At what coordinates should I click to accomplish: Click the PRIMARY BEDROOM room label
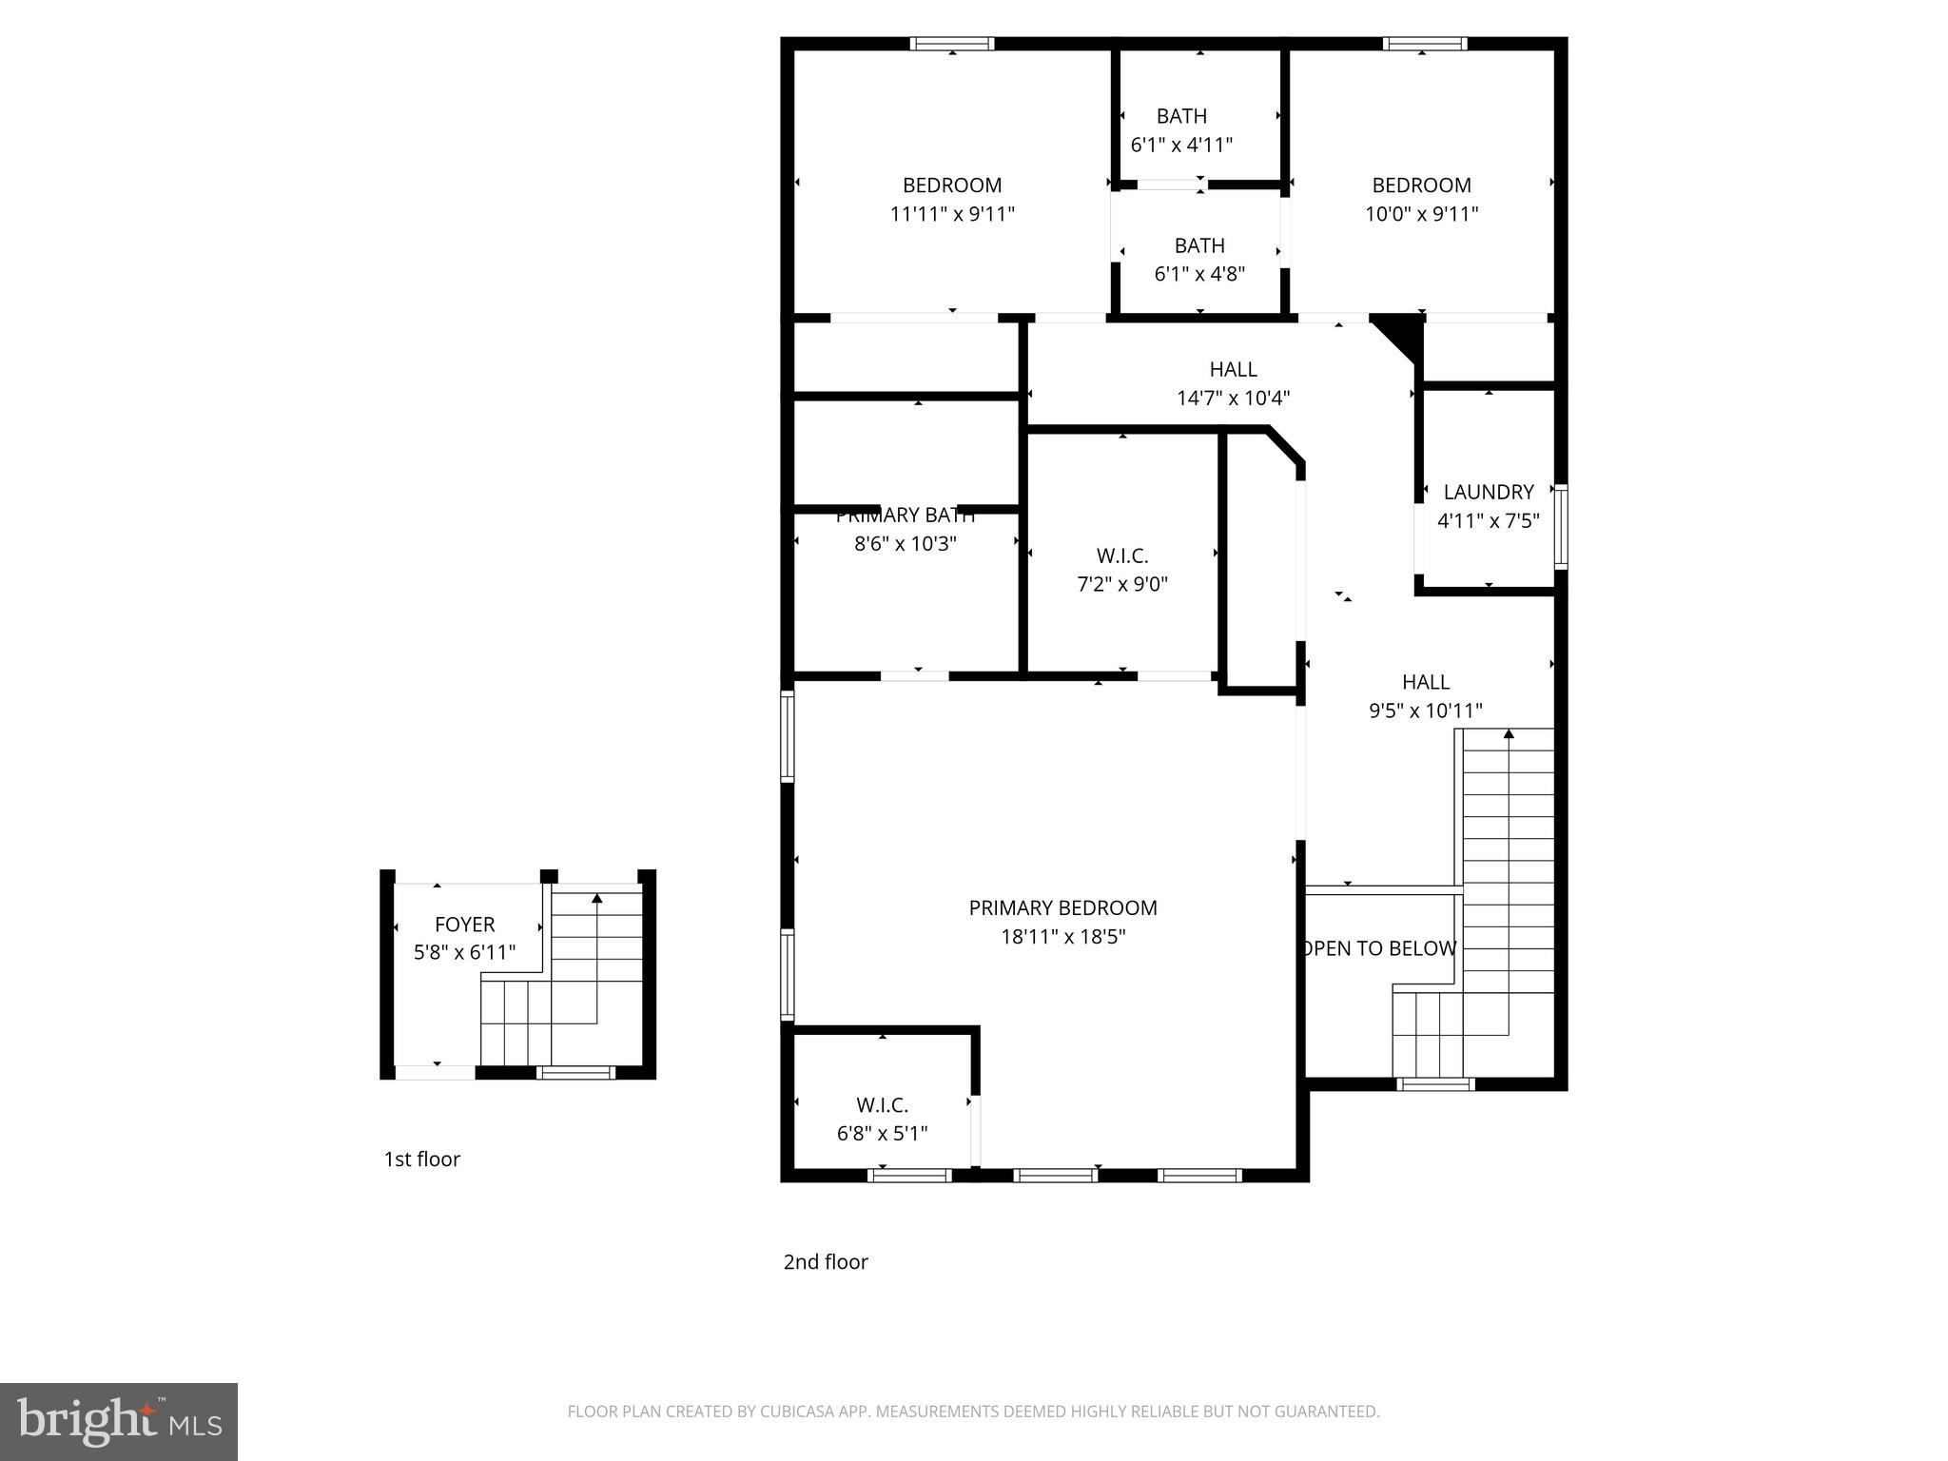coord(1062,907)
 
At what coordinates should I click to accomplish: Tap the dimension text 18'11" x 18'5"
coord(1062,937)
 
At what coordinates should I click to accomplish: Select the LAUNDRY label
coord(1488,492)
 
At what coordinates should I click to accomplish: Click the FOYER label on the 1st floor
coord(464,924)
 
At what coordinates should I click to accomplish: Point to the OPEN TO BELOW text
coord(1379,948)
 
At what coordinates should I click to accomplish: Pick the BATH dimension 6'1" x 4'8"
coord(1198,274)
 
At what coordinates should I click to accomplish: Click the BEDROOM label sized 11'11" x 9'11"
coord(951,185)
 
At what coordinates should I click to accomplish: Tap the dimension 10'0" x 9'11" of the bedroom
coord(1421,214)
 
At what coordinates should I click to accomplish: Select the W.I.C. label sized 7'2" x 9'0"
coord(1122,555)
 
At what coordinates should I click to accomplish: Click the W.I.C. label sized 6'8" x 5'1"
coord(882,1104)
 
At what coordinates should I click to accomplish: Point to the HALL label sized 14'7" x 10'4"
coord(1233,369)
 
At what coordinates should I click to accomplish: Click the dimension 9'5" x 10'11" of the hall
coord(1425,711)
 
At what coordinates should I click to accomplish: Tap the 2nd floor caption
coord(825,1261)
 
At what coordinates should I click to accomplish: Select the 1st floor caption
coord(421,1159)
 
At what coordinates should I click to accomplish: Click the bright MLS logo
coord(118,1421)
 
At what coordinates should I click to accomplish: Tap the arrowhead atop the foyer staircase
coord(596,897)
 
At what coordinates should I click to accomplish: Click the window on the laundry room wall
coord(1560,526)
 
